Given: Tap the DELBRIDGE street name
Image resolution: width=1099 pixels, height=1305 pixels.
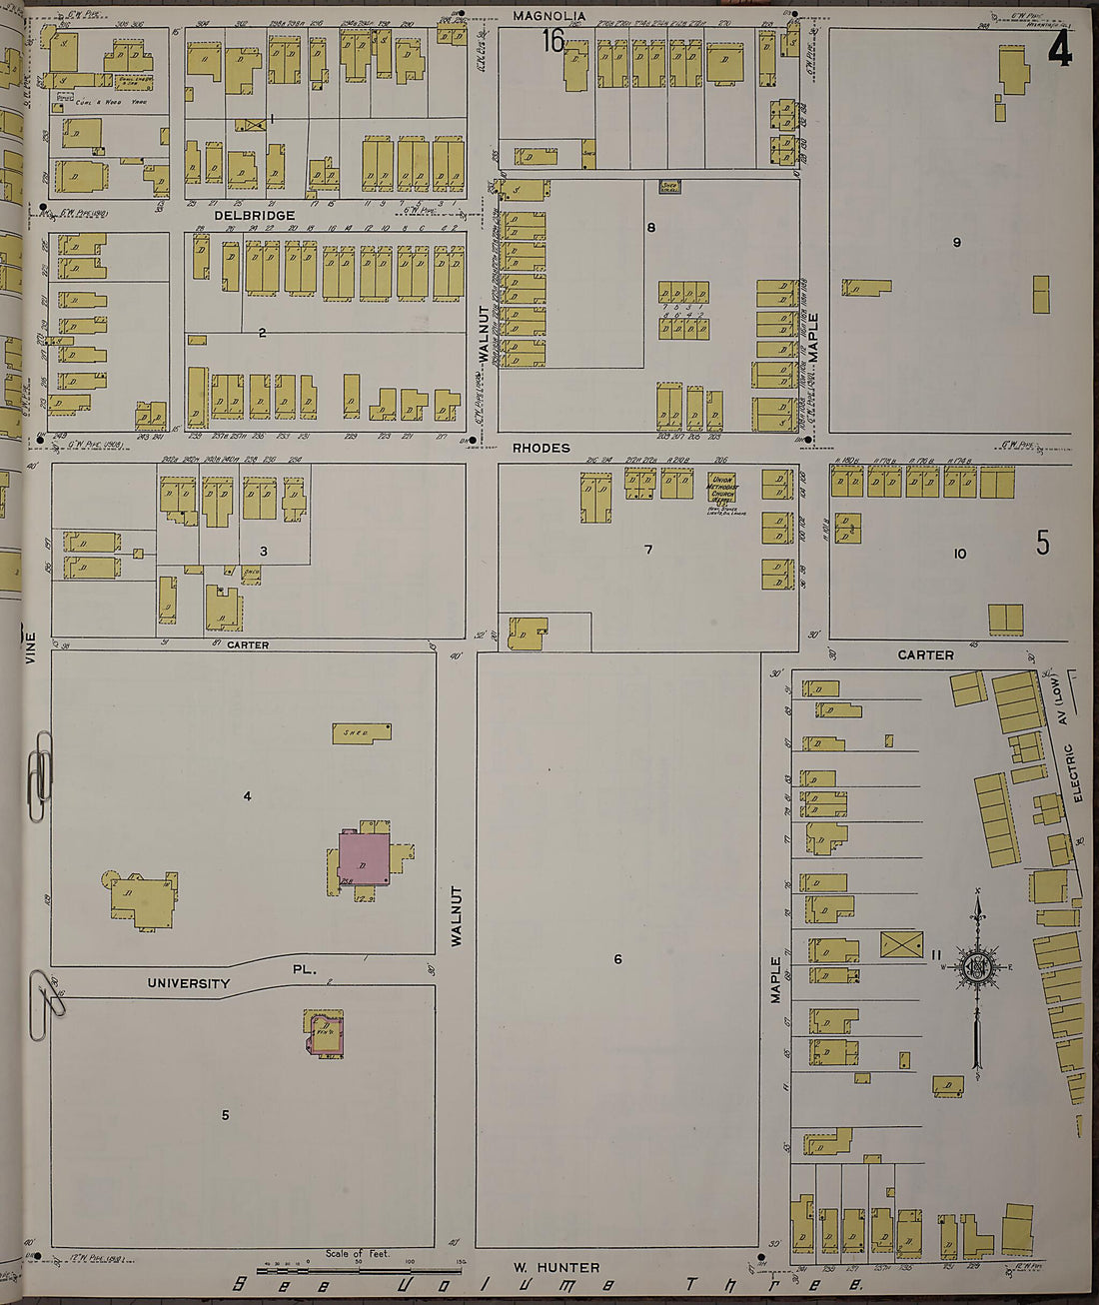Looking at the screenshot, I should pyautogui.click(x=254, y=215).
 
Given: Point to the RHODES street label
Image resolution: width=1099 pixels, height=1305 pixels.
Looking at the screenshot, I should pyautogui.click(x=542, y=448).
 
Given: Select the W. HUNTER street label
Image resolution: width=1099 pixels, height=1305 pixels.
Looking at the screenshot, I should pyautogui.click(x=555, y=1268).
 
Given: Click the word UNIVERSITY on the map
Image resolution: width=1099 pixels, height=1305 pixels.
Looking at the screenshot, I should pyautogui.click(x=189, y=983).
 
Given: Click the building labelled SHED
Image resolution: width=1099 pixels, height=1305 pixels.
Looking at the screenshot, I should pyautogui.click(x=361, y=733).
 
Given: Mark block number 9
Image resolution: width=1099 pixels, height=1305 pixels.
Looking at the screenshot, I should pyautogui.click(x=956, y=242).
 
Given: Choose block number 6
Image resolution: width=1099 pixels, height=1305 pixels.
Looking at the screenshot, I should pyautogui.click(x=617, y=959).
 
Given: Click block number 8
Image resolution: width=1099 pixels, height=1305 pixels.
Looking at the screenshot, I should pyautogui.click(x=650, y=228).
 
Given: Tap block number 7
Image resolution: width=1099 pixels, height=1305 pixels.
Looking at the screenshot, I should pyautogui.click(x=648, y=549).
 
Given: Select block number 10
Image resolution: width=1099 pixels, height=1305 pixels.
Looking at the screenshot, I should pyautogui.click(x=960, y=553).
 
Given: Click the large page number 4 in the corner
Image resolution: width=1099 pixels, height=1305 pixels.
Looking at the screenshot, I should pyautogui.click(x=1059, y=50).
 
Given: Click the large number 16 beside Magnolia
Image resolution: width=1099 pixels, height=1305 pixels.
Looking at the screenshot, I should pyautogui.click(x=552, y=41).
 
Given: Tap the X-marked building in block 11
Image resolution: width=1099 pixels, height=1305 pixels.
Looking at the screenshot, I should pyautogui.click(x=901, y=944).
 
